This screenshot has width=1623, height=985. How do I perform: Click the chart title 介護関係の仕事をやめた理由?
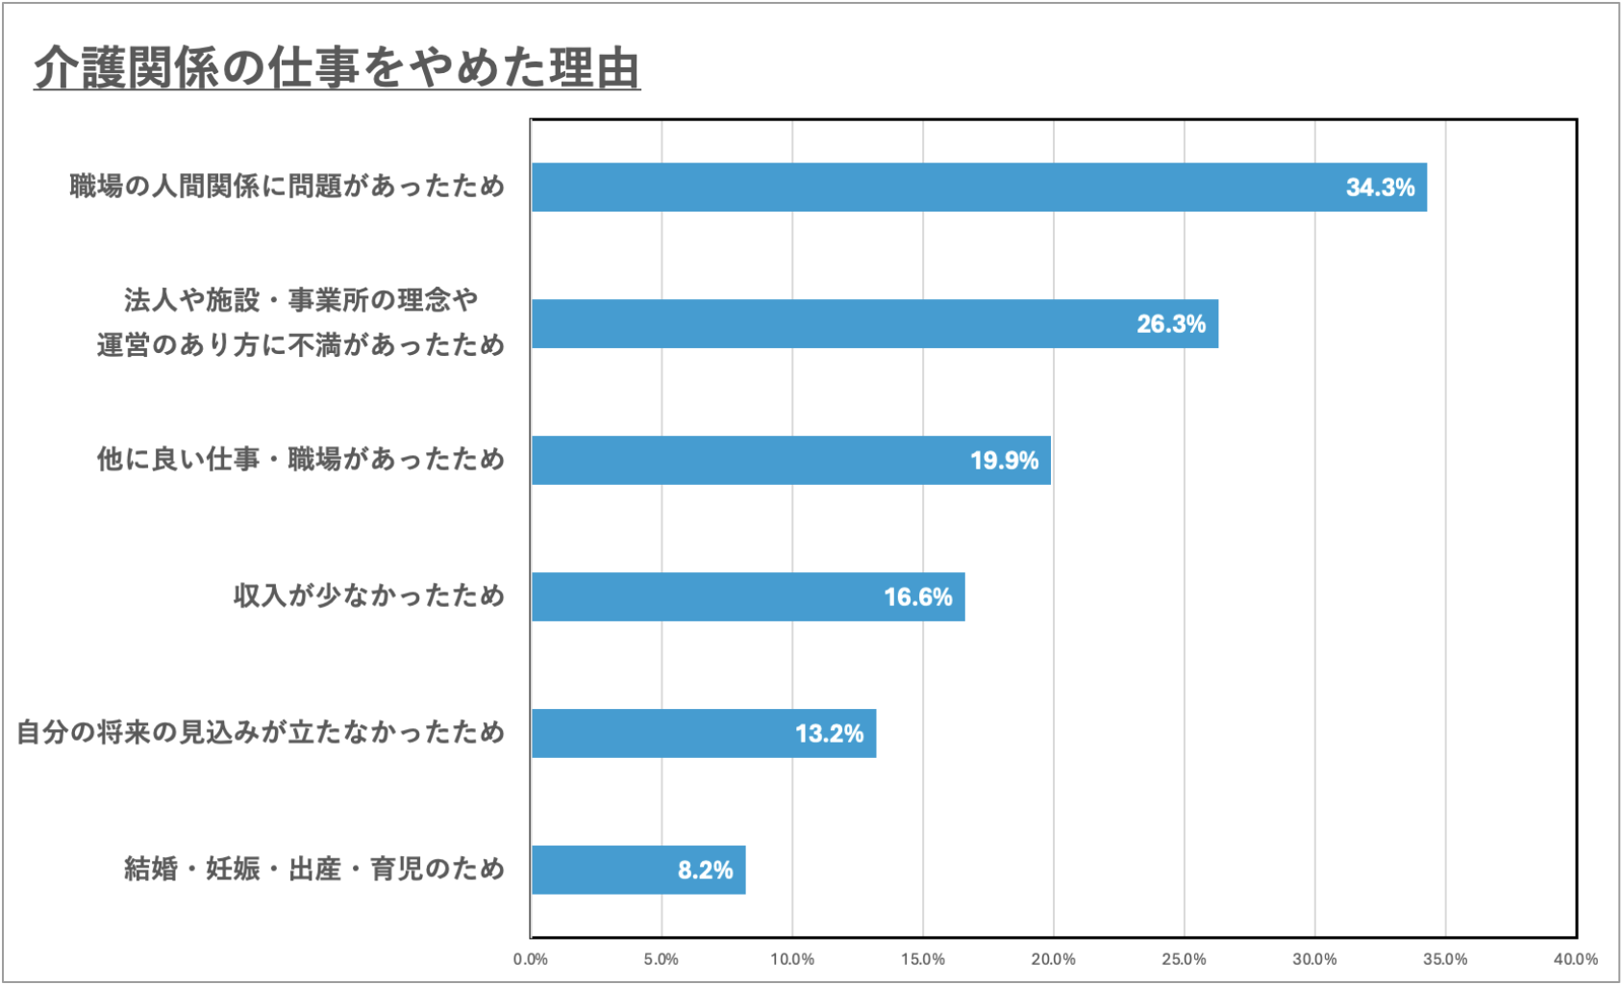click(x=337, y=67)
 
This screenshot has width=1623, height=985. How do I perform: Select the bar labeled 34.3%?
click(x=979, y=188)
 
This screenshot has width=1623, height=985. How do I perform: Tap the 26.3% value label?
click(x=1170, y=324)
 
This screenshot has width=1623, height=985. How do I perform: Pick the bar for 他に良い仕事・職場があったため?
click(x=790, y=460)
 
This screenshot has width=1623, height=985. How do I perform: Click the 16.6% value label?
click(x=917, y=597)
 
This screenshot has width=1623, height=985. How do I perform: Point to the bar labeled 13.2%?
click(x=703, y=733)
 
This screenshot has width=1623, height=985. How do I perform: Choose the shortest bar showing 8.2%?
click(x=637, y=870)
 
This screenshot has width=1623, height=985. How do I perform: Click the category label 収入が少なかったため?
click(x=369, y=596)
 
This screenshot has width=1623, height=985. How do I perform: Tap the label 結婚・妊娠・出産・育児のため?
click(x=314, y=869)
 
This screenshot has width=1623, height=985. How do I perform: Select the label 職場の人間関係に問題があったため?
click(x=287, y=186)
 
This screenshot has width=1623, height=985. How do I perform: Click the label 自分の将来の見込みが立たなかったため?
click(x=261, y=732)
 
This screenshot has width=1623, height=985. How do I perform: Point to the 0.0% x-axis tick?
click(x=530, y=959)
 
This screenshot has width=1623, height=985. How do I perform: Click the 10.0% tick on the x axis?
click(x=791, y=959)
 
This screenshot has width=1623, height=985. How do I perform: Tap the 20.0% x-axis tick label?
click(x=1053, y=959)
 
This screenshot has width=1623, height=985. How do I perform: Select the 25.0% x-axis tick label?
click(x=1184, y=959)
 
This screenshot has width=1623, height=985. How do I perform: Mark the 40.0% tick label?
click(x=1575, y=959)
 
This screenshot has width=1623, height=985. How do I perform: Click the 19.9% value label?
click(x=1004, y=461)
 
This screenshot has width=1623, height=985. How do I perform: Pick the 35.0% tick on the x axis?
click(x=1445, y=959)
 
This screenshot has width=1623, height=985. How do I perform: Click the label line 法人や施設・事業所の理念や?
click(x=301, y=300)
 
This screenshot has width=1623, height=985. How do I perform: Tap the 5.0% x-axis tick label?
click(x=661, y=959)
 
